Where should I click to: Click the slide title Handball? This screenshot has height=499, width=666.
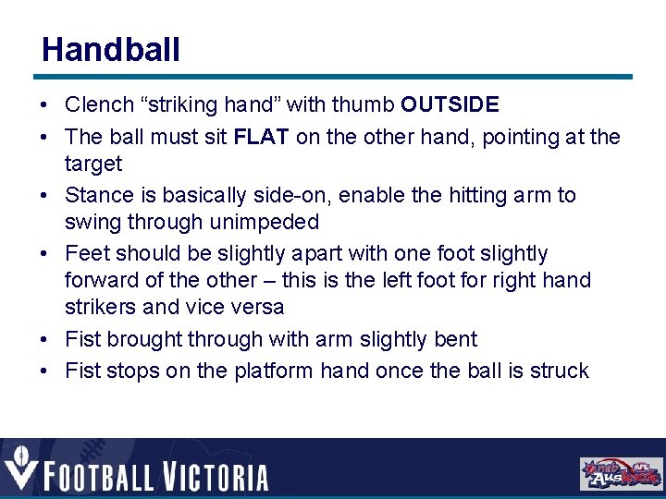tap(111, 49)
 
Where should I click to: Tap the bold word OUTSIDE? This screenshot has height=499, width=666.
tap(450, 105)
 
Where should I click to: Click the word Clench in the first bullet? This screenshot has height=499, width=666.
tap(99, 105)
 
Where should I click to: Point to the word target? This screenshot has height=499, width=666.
tap(93, 164)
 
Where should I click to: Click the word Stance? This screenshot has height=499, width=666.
tap(99, 195)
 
